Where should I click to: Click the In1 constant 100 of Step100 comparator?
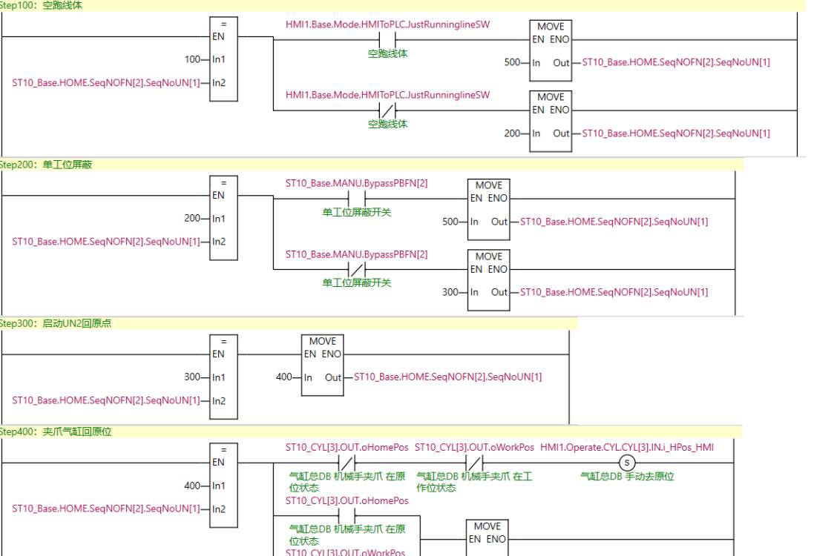pos(193,59)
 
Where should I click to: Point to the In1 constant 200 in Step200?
pos(193,219)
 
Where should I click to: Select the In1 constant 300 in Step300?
pos(193,377)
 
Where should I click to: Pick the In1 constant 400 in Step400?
pos(193,486)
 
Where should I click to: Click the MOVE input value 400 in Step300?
pos(284,377)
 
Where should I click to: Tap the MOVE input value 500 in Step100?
pos(512,63)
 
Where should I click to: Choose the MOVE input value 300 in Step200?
pos(450,292)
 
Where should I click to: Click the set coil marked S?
pos(627,463)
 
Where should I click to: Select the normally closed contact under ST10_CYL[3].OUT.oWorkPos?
pos(473,463)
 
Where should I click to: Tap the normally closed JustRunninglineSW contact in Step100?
pos(387,110)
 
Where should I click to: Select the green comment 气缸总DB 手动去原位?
pos(627,476)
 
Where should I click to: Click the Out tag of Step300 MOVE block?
pos(447,377)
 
